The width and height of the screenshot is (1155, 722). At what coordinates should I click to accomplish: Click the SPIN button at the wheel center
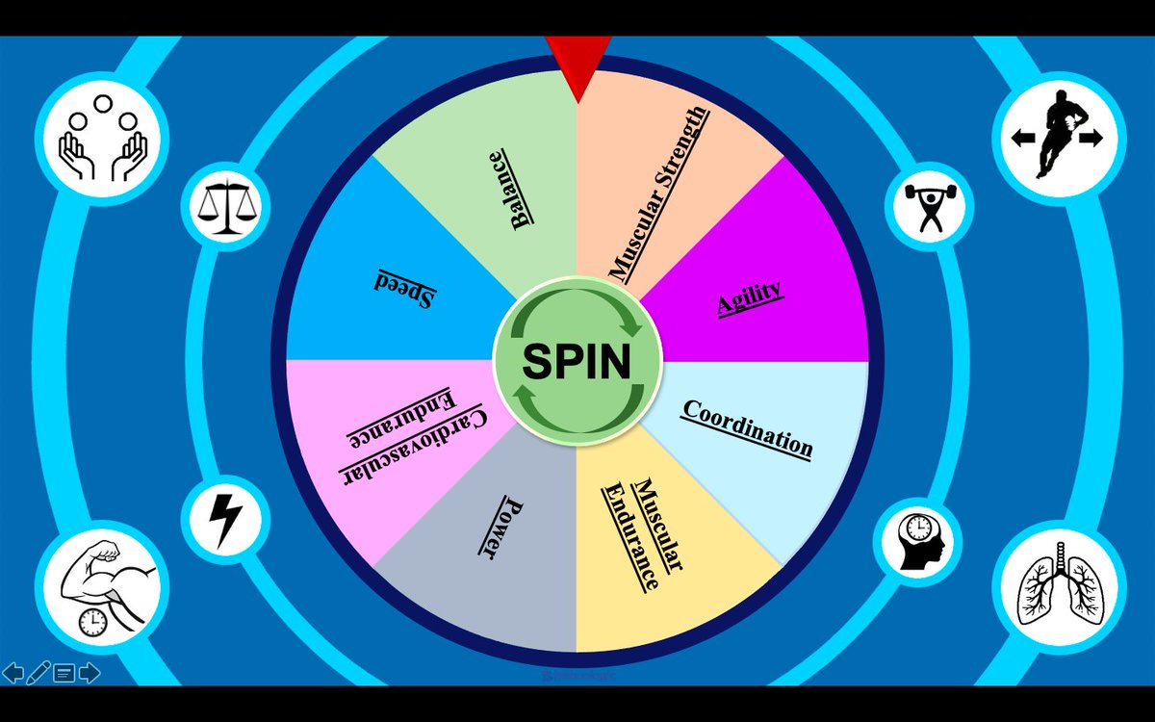click(577, 361)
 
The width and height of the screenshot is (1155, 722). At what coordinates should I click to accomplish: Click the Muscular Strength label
click(659, 193)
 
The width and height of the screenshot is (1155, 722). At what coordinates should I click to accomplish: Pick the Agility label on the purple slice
click(750, 298)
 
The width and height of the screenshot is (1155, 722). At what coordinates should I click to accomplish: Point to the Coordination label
click(747, 429)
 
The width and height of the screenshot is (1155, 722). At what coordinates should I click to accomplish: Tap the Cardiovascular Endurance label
click(412, 437)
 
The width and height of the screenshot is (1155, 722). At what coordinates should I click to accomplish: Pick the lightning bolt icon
click(226, 519)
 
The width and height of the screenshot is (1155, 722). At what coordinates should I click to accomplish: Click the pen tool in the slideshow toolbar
click(39, 672)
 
